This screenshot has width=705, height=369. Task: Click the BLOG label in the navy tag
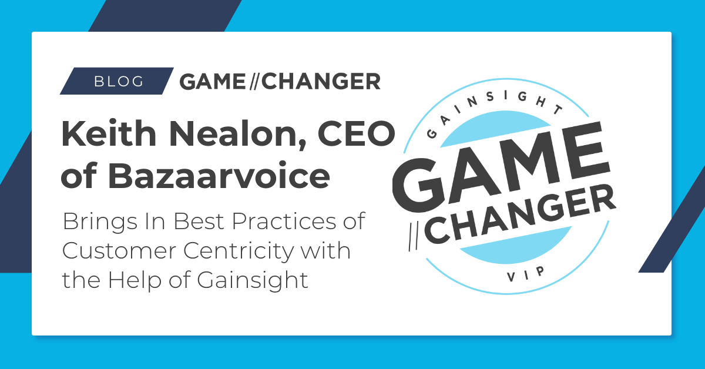[x=119, y=82]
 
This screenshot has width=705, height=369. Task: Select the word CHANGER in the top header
[x=321, y=82]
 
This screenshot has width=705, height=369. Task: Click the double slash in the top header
[x=253, y=82]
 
